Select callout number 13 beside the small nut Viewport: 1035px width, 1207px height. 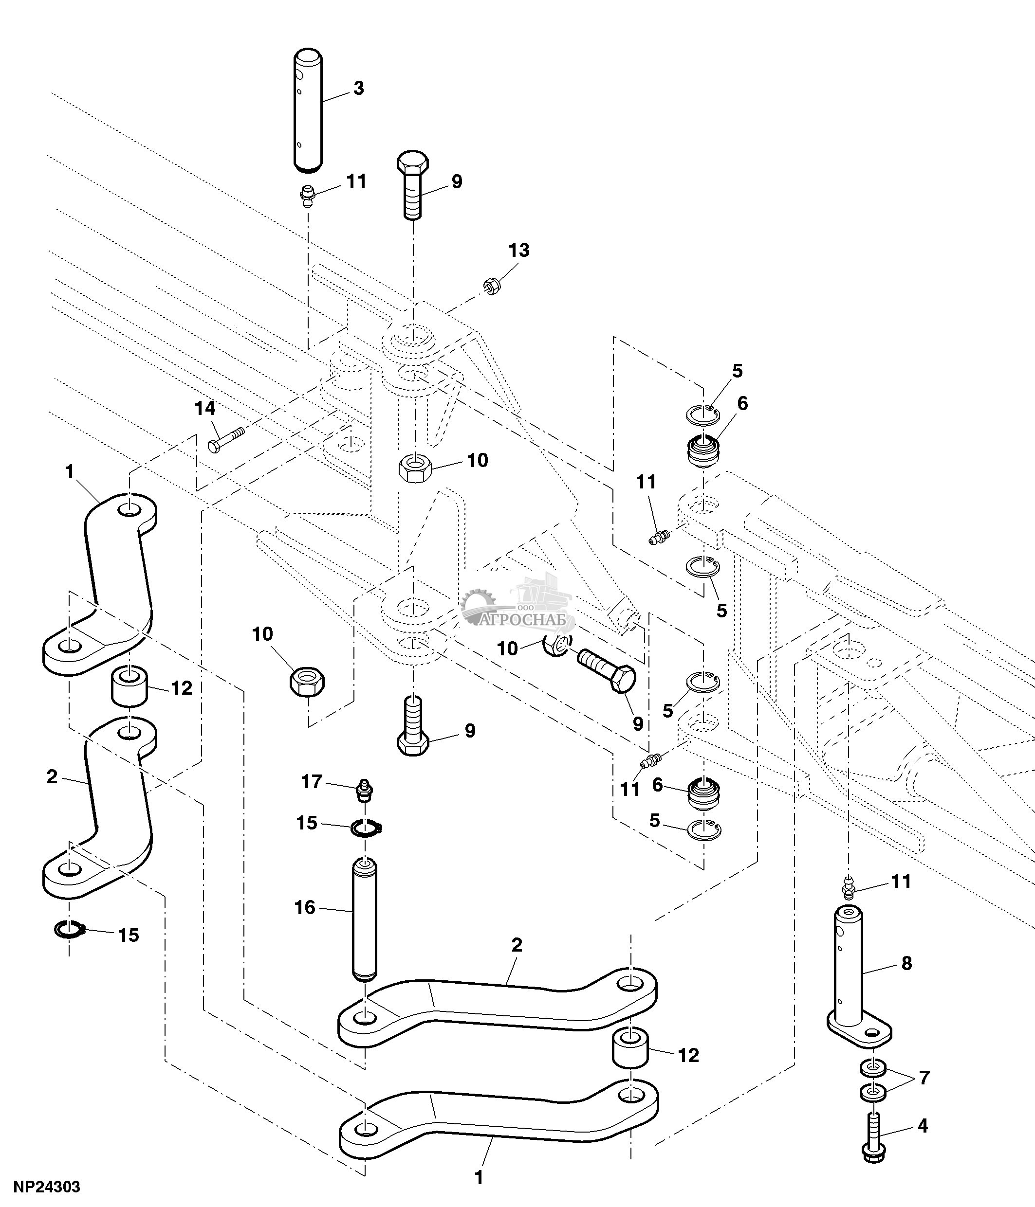(518, 251)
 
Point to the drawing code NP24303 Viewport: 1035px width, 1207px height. (47, 1187)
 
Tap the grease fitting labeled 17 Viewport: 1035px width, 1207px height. (364, 791)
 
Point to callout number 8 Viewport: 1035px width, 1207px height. (906, 963)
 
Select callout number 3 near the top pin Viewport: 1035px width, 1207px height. (358, 89)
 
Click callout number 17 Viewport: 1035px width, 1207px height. (312, 782)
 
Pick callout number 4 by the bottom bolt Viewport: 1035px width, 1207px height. (923, 1125)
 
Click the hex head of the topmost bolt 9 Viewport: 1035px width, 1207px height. (413, 161)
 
